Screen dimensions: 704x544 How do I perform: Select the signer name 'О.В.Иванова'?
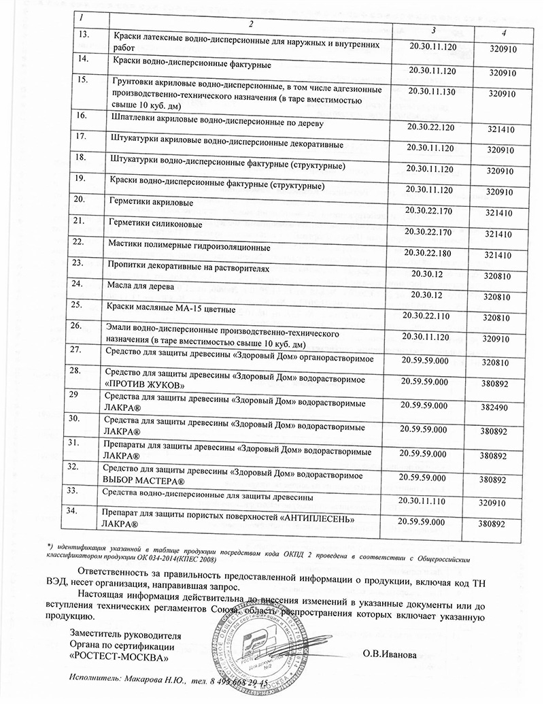389,656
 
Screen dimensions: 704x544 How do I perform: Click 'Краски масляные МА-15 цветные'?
171,309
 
